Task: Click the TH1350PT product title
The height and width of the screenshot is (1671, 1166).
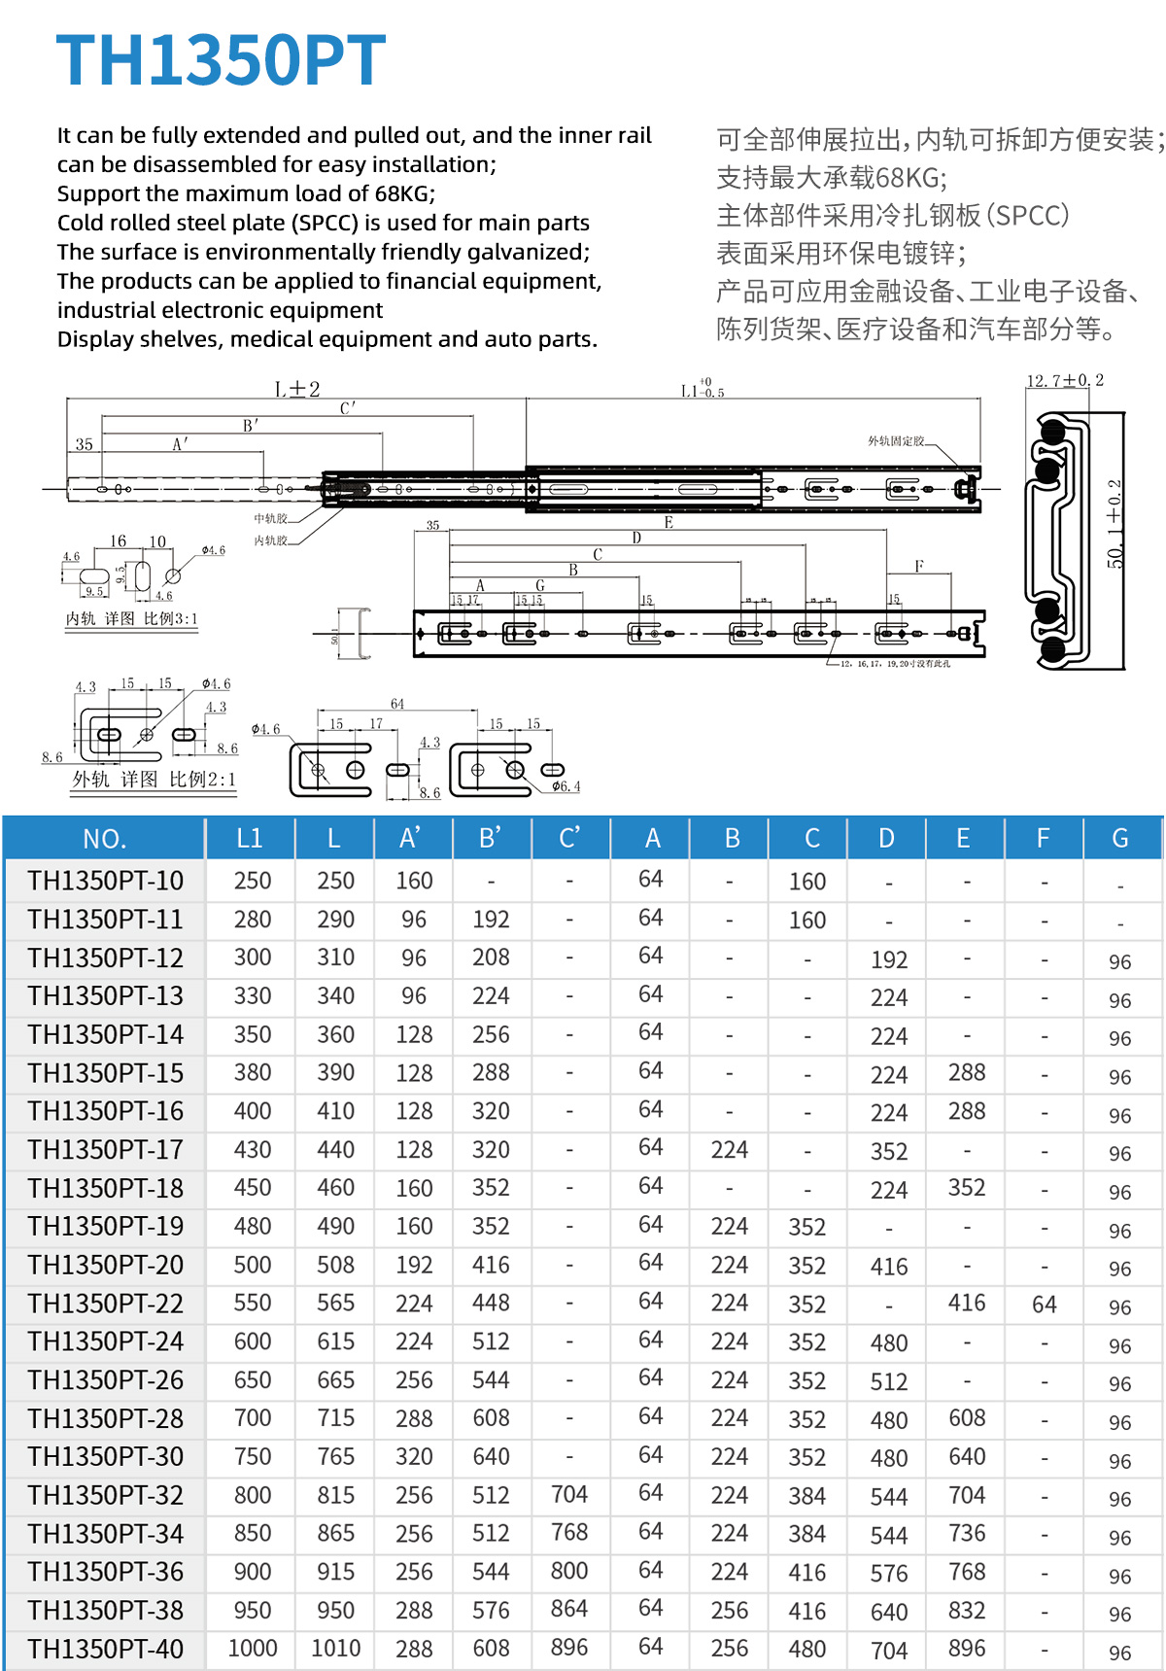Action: (x=221, y=60)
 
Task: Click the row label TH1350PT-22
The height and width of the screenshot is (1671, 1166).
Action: (x=105, y=1304)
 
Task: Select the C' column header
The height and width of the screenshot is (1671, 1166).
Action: (x=569, y=838)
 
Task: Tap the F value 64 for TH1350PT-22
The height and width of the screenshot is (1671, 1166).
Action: (x=1044, y=1305)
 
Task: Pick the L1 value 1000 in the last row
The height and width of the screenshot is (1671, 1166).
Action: (x=252, y=1649)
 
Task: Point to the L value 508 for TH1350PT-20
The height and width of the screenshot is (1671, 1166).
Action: (x=335, y=1265)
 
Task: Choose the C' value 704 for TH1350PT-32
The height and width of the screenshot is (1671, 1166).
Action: (x=569, y=1494)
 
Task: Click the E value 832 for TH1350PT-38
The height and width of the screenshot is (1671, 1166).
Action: (x=967, y=1610)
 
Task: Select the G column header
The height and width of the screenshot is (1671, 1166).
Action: (x=1119, y=838)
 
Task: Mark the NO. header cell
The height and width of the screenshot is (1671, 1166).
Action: (x=105, y=839)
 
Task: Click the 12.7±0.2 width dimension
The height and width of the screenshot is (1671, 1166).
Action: (x=1065, y=381)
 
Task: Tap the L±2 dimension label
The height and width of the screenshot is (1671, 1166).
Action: (x=297, y=390)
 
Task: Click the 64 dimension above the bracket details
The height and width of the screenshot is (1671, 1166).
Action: (x=397, y=704)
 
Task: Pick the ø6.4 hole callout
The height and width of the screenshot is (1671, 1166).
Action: (x=566, y=786)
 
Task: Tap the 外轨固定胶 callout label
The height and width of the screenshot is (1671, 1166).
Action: (x=896, y=441)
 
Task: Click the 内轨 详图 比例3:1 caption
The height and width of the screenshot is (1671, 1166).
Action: (x=131, y=619)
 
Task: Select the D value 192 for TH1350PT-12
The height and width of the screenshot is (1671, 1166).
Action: (x=889, y=959)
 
